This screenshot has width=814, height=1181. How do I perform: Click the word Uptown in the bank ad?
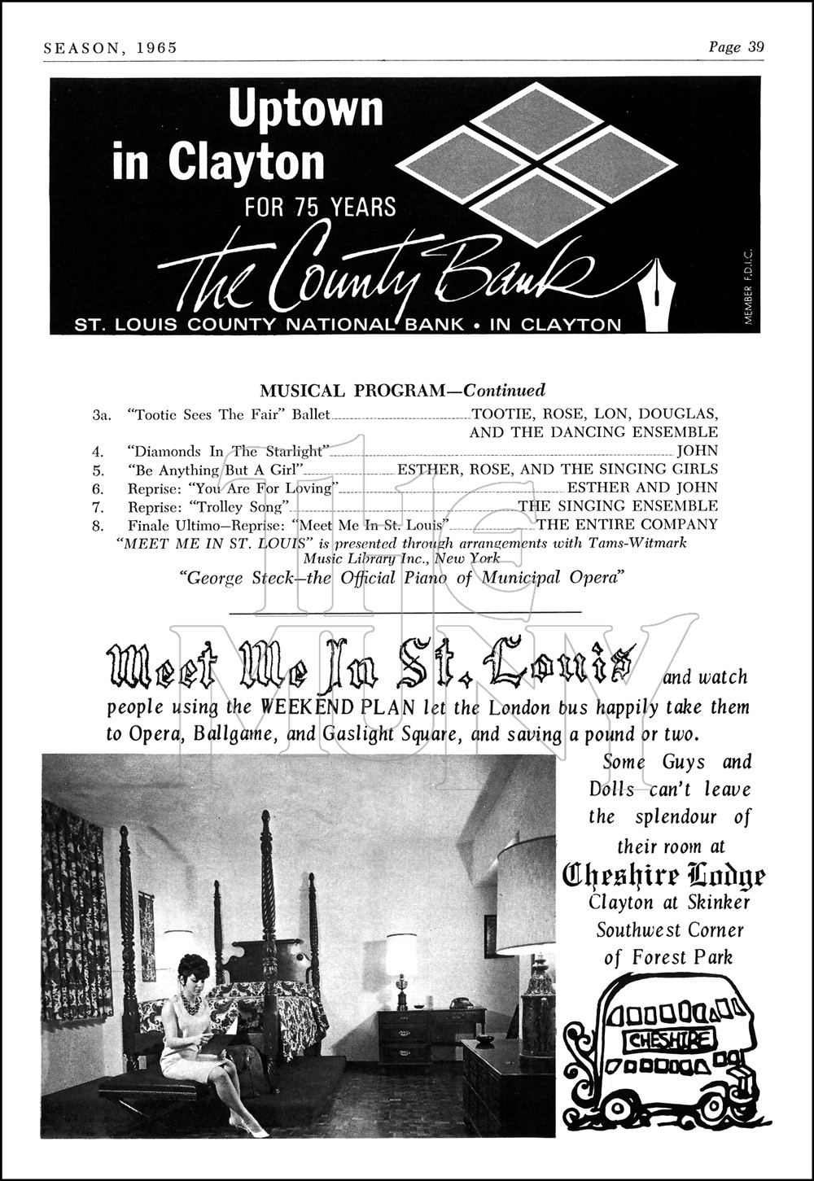(x=305, y=109)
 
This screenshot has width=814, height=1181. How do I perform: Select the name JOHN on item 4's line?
(x=698, y=450)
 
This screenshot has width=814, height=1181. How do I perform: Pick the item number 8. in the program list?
(x=98, y=525)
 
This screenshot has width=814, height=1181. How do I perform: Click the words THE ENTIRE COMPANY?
(x=626, y=525)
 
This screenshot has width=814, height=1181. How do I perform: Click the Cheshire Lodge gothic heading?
(x=664, y=876)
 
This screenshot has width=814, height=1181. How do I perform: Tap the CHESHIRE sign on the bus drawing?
(x=669, y=1038)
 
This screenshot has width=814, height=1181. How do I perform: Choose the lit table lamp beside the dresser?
(x=400, y=957)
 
